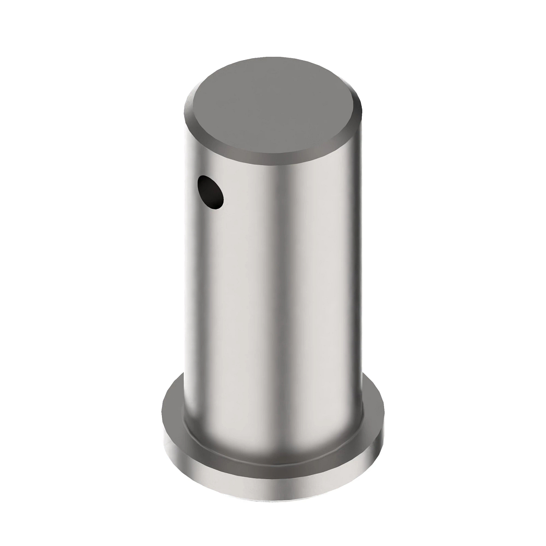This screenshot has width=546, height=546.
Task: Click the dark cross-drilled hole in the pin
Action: pyautogui.click(x=211, y=193)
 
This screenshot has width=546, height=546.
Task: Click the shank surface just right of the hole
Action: pyautogui.click(x=241, y=196)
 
